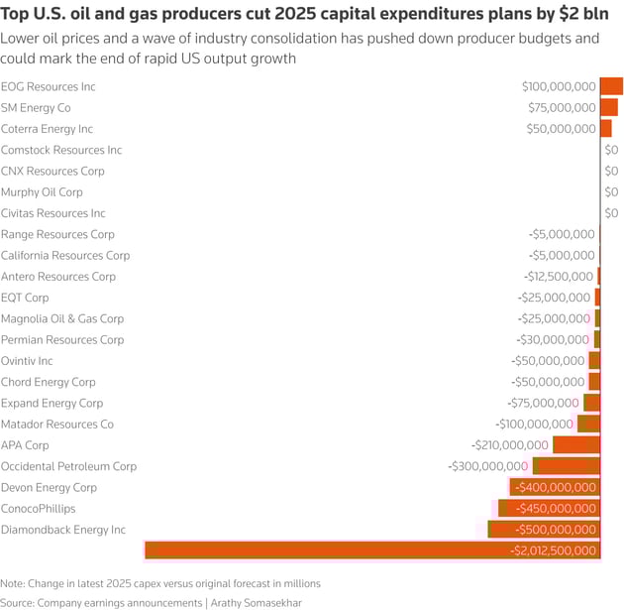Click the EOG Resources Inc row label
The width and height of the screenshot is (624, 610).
pyautogui.click(x=49, y=87)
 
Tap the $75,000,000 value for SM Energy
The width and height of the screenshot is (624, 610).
pyautogui.click(x=561, y=108)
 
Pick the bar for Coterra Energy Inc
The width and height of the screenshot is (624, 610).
pyautogui.click(x=605, y=129)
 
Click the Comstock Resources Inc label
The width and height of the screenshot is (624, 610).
pyautogui.click(x=61, y=150)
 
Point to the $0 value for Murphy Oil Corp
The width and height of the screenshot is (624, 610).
pyautogui.click(x=611, y=192)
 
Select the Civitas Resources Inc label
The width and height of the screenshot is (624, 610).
pyautogui.click(x=53, y=213)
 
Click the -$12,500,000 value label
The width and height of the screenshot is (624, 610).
pyautogui.click(x=559, y=277)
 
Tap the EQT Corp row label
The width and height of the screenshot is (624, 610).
pyautogui.click(x=25, y=298)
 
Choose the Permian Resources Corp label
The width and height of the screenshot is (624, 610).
pyautogui.click(x=62, y=340)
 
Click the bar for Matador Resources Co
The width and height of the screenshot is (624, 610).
pyautogui.click(x=589, y=425)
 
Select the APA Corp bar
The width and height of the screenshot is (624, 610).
pyautogui.click(x=576, y=445)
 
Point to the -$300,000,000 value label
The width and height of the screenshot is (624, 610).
pyautogui.click(x=487, y=466)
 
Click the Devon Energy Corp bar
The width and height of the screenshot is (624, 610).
pyautogui.click(x=556, y=487)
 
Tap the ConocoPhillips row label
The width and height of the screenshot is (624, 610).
pyautogui.click(x=37, y=509)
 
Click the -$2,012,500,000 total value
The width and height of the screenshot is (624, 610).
pyautogui.click(x=553, y=550)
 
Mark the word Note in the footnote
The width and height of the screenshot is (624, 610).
pyautogui.click(x=12, y=583)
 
